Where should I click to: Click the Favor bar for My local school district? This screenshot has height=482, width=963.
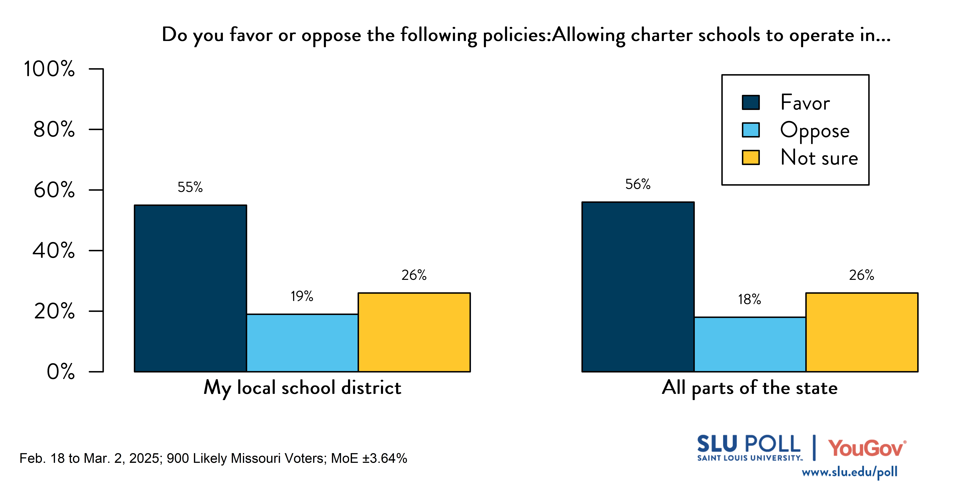pos(190,288)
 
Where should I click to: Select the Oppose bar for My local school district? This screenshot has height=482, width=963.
pos(302,343)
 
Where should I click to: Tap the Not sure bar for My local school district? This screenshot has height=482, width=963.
pos(414,332)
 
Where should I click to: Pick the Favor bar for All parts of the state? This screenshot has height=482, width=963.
pos(638,287)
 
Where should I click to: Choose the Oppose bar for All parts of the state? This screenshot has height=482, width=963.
pos(749,344)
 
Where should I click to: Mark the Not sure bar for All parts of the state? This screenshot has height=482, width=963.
pos(861,332)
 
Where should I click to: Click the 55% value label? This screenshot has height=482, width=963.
pos(190,187)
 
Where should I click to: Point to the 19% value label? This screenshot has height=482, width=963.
pos(302,296)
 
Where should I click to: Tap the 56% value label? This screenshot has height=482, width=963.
pos(638,184)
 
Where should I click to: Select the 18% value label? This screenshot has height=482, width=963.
pos(749,299)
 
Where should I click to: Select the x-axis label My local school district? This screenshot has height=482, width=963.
pos(302,388)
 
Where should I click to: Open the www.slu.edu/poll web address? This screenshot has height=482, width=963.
pos(849,472)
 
